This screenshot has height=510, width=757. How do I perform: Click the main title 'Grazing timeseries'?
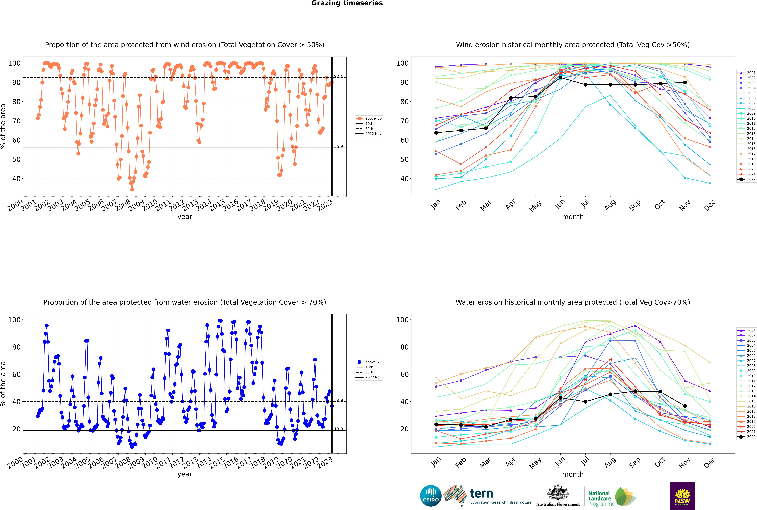[347, 3]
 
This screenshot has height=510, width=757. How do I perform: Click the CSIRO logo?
[431, 496]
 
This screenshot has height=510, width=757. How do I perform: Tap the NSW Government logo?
[682, 496]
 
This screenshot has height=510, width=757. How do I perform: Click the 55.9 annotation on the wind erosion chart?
[338, 146]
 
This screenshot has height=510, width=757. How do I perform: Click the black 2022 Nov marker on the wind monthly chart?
[685, 83]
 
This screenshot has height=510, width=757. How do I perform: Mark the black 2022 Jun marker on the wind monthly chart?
[560, 77]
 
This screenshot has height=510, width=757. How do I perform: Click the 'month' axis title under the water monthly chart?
[573, 474]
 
